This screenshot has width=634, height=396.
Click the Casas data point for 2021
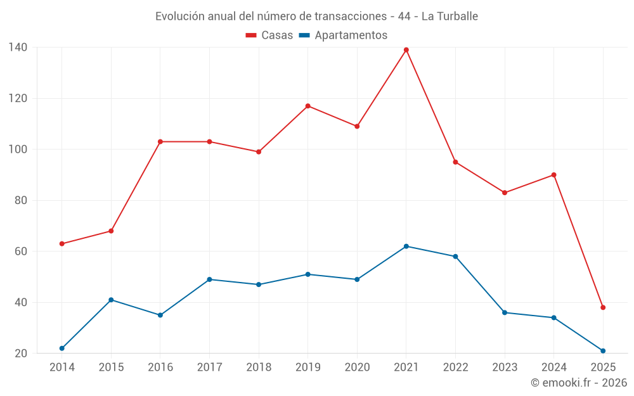(406, 50)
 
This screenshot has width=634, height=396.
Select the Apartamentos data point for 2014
(62, 348)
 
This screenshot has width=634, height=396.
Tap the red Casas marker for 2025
(603, 307)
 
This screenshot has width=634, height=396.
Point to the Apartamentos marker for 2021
(406, 246)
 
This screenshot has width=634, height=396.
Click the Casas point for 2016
(160, 142)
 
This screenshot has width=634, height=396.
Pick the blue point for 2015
(111, 300)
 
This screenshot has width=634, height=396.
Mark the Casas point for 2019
(308, 106)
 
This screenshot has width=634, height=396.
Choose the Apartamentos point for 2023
(505, 312)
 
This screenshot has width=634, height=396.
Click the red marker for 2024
(554, 175)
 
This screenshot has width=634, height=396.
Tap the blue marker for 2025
(603, 351)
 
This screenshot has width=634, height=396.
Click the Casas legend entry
(269, 35)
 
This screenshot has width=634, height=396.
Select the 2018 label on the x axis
(259, 367)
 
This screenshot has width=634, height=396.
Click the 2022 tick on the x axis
(455, 367)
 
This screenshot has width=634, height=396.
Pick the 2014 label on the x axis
(62, 367)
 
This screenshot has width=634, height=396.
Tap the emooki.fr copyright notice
(578, 383)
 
